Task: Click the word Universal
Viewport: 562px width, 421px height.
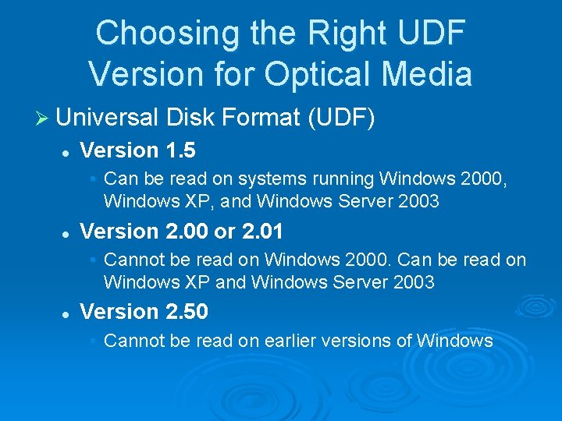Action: (108, 118)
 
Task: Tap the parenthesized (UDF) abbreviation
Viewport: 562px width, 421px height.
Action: (341, 119)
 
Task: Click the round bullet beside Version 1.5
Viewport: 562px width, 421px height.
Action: (67, 151)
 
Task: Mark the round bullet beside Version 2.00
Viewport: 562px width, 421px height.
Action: (67, 233)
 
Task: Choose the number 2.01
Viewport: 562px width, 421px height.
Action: (262, 232)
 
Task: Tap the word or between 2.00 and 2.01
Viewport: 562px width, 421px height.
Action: (226, 232)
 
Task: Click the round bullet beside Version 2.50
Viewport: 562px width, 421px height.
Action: (67, 313)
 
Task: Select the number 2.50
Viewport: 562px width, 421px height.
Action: (187, 312)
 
